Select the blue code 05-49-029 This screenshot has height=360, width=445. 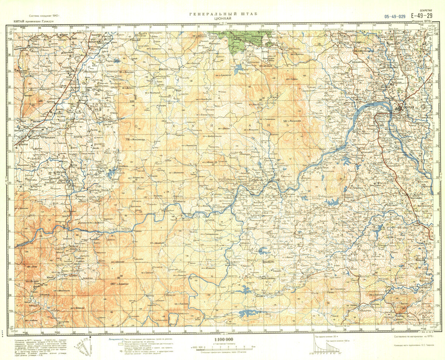pyautogui.click(x=395, y=16)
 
